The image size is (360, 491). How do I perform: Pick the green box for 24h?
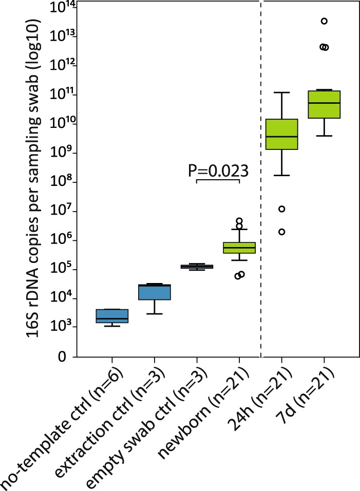pyautogui.click(x=281, y=134)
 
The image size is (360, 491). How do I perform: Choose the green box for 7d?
pyautogui.click(x=324, y=104)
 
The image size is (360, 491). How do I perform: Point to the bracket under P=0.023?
pyautogui.click(x=218, y=180)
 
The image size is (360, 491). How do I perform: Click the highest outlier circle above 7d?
pyautogui.click(x=324, y=21)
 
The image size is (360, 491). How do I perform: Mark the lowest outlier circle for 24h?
pyautogui.click(x=281, y=232)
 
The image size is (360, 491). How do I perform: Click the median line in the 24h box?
pyautogui.click(x=281, y=137)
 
